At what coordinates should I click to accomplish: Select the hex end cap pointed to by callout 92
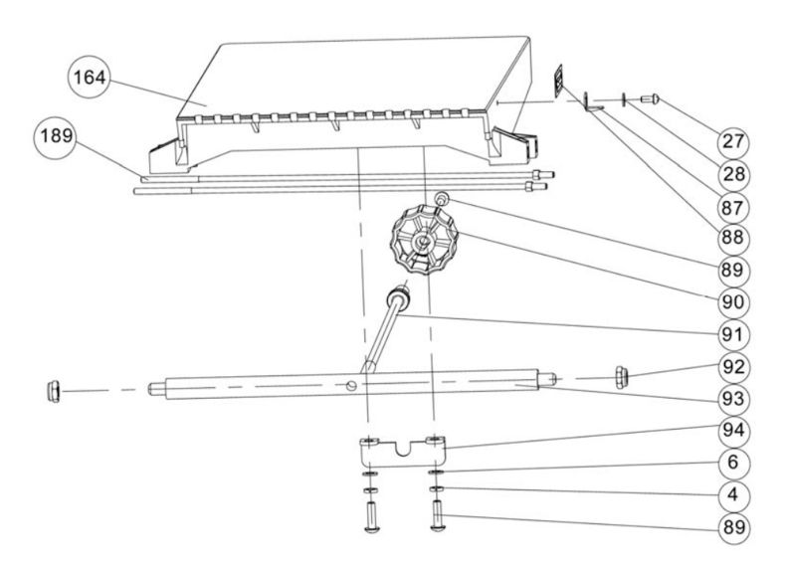[x=624, y=376]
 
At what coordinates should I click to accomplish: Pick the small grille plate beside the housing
[x=560, y=79]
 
